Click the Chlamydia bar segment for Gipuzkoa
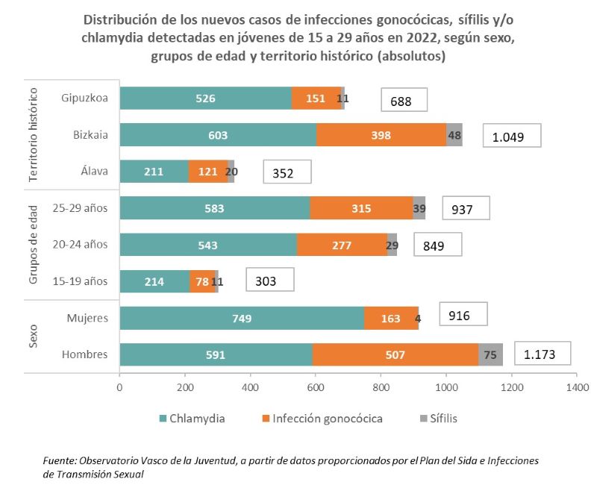[205, 99]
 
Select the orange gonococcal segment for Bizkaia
[381, 135]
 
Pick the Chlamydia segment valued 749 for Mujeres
[241, 319]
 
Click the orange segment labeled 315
[361, 208]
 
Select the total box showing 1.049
[511, 136]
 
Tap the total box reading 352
[287, 172]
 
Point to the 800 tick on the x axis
[381, 387]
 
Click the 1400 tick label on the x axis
[577, 387]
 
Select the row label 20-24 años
[84, 244]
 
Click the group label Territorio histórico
[33, 134]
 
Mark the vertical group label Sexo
[33, 337]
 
